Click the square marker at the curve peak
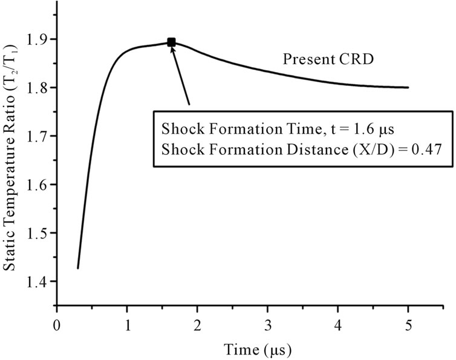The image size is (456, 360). [x=171, y=42]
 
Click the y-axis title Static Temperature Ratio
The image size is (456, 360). [x=10, y=160]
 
